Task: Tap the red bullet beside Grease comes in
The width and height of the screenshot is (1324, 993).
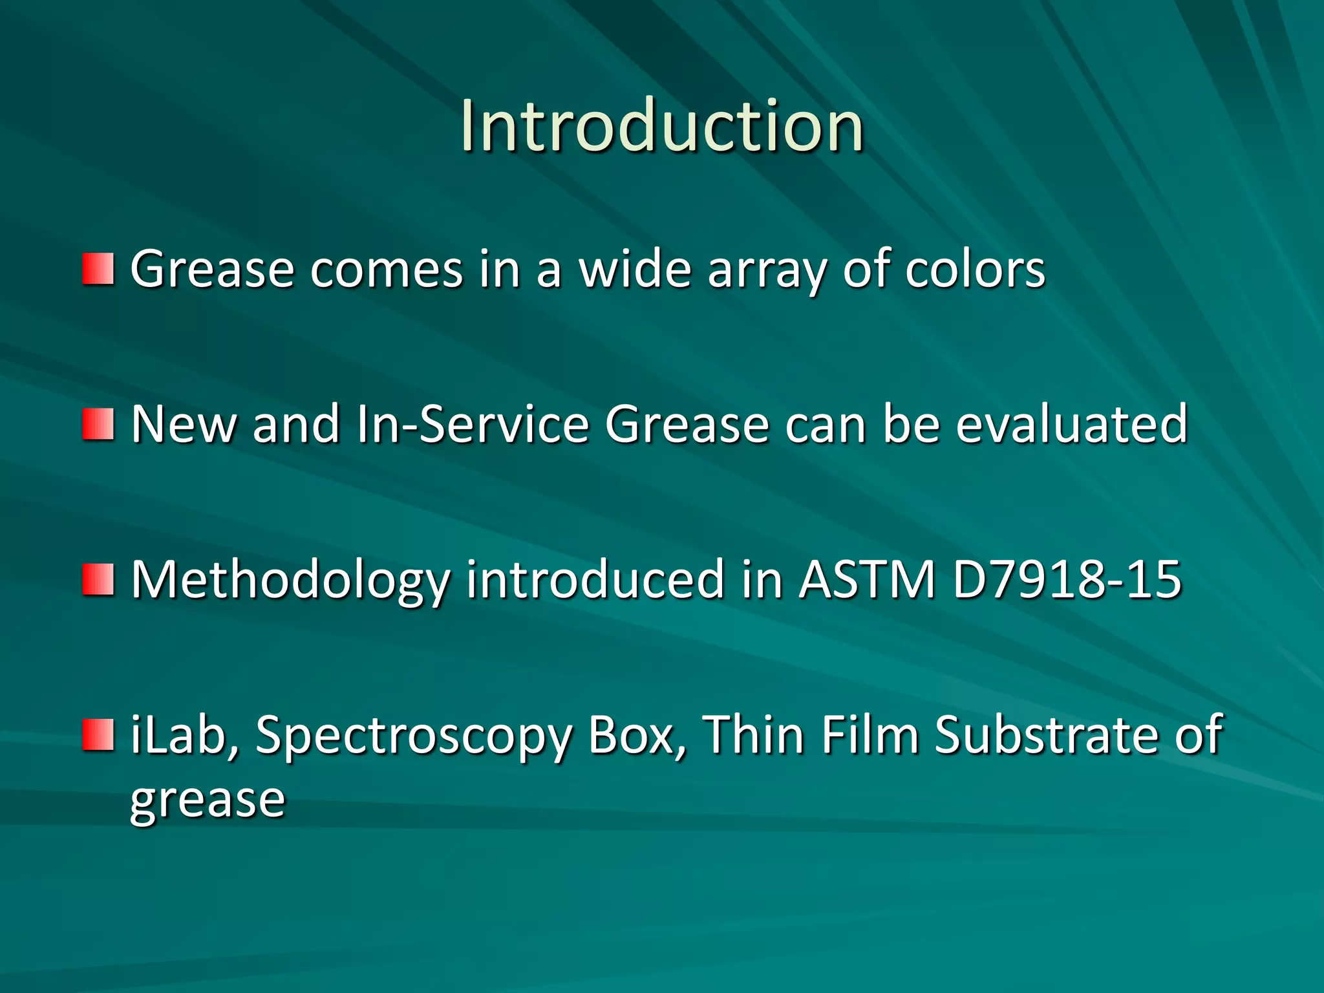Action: pyautogui.click(x=98, y=270)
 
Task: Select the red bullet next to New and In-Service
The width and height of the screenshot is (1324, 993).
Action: pyautogui.click(x=98, y=425)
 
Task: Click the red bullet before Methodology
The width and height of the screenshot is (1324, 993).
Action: pyautogui.click(x=98, y=580)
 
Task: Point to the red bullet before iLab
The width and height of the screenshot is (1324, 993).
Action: pyautogui.click(x=98, y=735)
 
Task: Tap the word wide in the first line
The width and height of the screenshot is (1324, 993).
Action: pyautogui.click(x=635, y=268)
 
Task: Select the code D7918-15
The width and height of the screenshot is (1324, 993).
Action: pyautogui.click(x=1067, y=580)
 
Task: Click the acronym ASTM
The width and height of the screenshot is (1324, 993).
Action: pyautogui.click(x=867, y=580)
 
